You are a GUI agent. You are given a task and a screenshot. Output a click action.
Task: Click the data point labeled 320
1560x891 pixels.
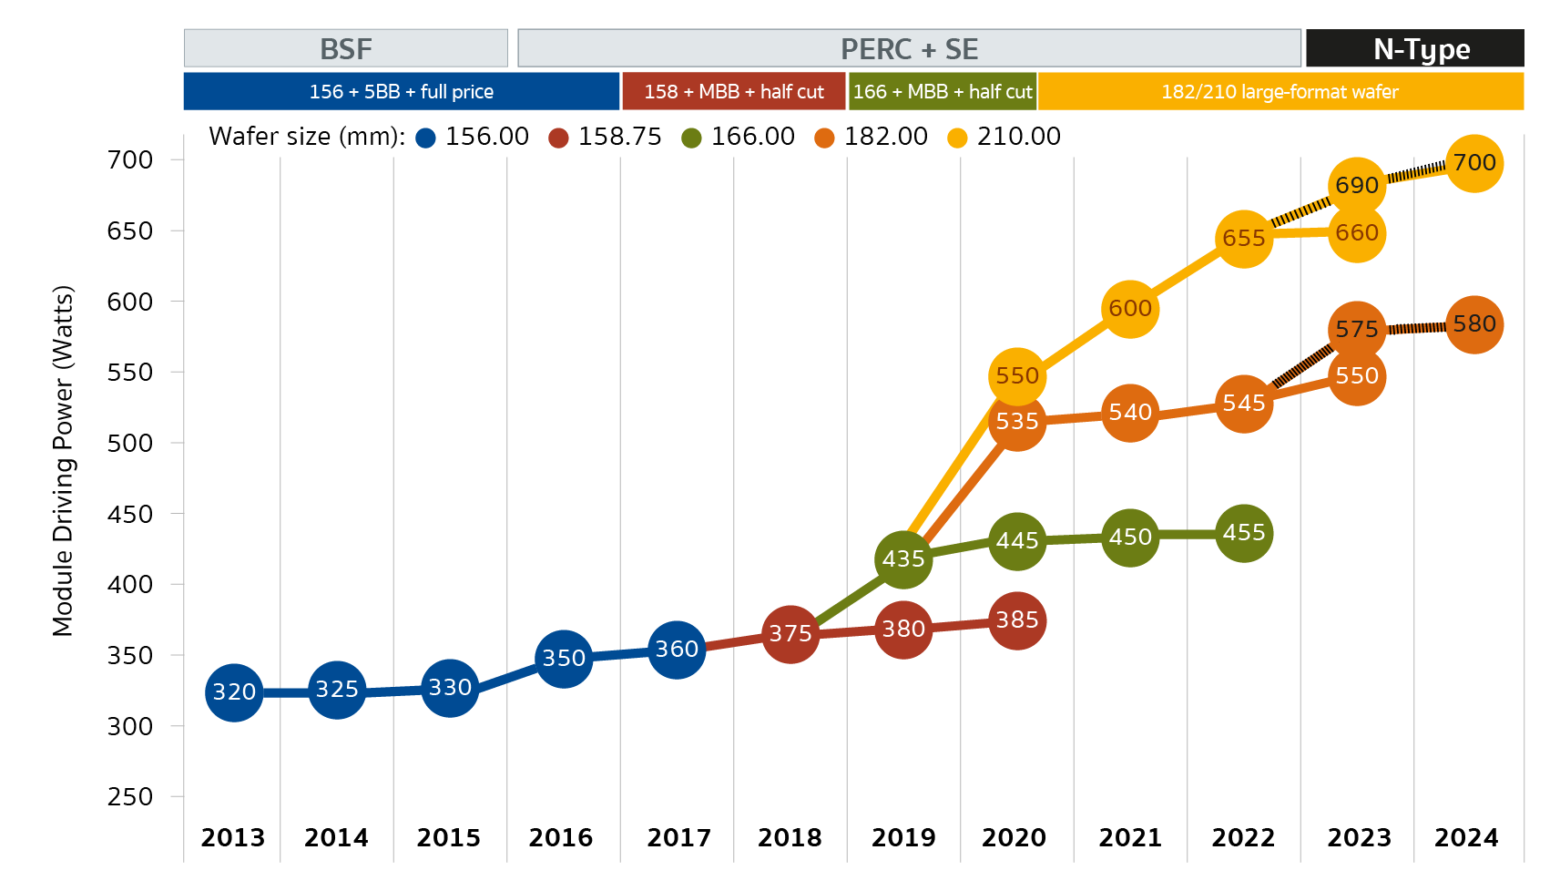(234, 692)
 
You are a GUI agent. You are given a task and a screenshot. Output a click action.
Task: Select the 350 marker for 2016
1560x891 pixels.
(564, 658)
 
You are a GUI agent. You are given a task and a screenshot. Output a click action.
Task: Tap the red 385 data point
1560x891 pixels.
(1016, 620)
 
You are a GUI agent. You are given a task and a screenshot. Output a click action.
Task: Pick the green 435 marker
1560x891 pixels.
(903, 559)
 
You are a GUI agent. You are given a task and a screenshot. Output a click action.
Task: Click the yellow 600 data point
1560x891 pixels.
(1130, 309)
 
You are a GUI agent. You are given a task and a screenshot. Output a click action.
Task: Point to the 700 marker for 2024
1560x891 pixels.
(1473, 163)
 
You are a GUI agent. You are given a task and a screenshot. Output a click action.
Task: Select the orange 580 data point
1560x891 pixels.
(1473, 324)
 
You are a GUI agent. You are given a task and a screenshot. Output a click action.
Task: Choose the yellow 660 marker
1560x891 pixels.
(1357, 233)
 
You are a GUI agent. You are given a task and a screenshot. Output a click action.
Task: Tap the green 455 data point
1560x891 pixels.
(1243, 533)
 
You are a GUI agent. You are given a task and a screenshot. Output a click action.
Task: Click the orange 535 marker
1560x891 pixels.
(1016, 422)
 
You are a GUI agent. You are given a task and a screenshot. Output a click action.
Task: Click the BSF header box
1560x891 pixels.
(346, 48)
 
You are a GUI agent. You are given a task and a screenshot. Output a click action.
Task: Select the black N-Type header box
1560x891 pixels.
(1414, 48)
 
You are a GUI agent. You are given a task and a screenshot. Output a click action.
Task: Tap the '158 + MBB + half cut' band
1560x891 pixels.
(733, 92)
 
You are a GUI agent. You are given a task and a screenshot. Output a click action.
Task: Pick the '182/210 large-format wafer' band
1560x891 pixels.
(1280, 92)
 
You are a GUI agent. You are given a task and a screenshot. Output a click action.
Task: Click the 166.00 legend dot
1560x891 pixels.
(692, 138)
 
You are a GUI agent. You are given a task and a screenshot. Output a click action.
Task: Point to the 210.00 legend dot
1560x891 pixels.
(958, 138)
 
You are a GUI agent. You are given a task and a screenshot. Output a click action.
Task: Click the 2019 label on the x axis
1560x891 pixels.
(903, 837)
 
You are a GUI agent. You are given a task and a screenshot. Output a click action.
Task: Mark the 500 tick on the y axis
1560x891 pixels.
(130, 444)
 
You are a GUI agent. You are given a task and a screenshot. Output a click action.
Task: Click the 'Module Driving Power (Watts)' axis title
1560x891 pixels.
(62, 461)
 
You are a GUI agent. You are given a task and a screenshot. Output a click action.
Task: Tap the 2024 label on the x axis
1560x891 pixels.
(1466, 837)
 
